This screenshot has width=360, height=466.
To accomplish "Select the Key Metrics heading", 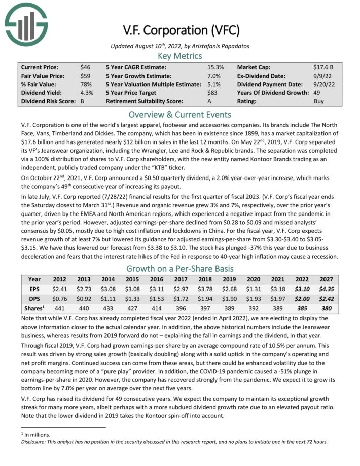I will coord(180,56).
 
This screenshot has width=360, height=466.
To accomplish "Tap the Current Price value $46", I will coord(86,67).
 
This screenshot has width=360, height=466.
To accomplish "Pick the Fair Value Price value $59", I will coord(86,76).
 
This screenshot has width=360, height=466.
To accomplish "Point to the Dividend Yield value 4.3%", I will coord(87,93).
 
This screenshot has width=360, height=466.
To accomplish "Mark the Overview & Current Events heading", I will coord(180,114).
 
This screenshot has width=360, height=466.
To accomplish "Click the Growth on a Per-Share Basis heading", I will coord(180,269).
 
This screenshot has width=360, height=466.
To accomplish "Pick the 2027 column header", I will coord(327,279).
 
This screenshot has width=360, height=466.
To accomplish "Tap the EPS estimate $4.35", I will coord(327,289).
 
